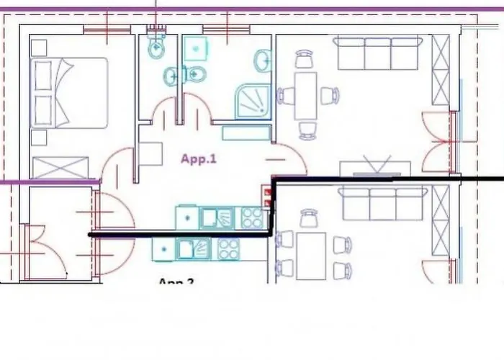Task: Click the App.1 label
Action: [198, 159]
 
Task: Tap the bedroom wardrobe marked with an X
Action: [60, 168]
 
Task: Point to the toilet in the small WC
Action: [156, 48]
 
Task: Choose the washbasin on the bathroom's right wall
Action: [262, 60]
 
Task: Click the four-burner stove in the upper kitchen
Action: [251, 217]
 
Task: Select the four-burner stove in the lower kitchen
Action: [228, 249]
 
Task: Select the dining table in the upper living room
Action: [305, 95]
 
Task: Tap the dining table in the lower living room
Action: [311, 256]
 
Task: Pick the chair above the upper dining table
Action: [305, 59]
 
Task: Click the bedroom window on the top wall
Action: [107, 30]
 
